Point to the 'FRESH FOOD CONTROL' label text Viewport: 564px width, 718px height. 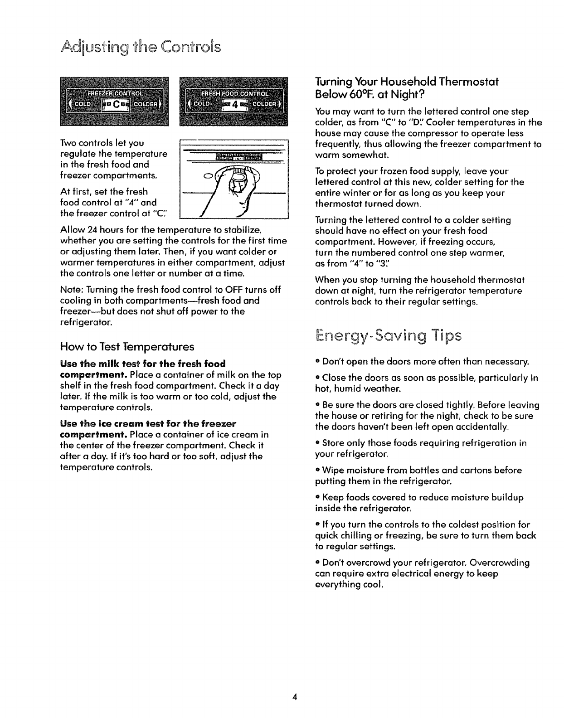point(235,93)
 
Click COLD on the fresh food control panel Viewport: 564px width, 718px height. point(202,104)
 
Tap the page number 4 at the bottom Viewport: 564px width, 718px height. point(295,697)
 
